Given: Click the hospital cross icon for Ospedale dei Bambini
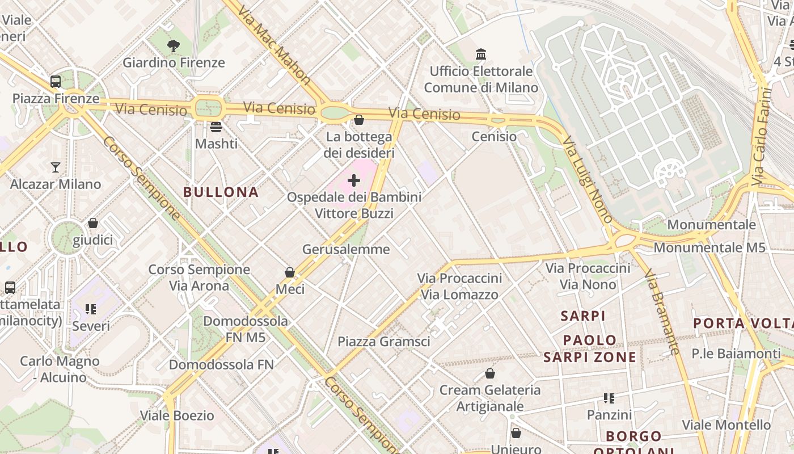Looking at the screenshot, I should pos(354,180).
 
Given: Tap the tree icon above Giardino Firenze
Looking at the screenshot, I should pos(174,46).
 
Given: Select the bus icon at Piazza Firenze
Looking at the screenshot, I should pos(56,82).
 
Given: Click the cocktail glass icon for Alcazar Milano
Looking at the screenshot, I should pos(56,167).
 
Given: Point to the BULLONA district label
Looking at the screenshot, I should pos(221,192).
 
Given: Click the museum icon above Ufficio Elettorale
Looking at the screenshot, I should pos(481,54).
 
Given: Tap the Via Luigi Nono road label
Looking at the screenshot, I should pos(588,179).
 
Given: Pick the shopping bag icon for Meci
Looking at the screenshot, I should pos(290,272).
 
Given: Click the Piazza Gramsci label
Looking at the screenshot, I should pos(384,342).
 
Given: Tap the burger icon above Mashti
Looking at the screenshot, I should pos(216,127).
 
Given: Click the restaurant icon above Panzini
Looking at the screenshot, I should pos(609,398).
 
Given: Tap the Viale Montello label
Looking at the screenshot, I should pos(727,424).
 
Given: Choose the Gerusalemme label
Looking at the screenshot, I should pos(346,249).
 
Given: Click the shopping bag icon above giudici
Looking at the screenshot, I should pos(93,224).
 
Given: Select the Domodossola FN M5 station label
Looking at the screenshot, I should pos(246,329).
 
